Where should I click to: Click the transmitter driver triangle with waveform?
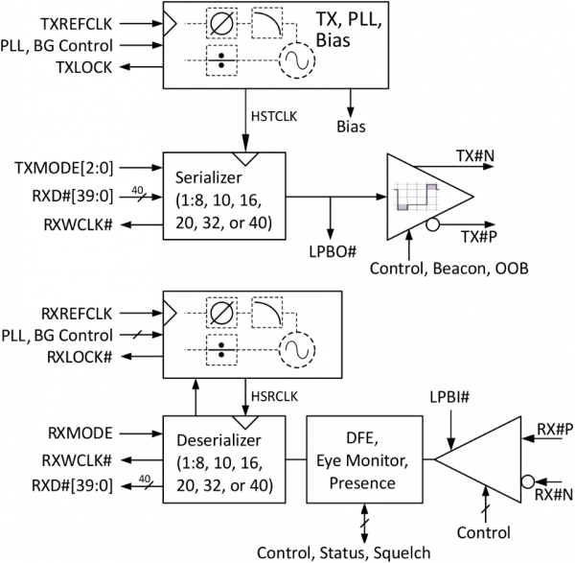tap(426, 197)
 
